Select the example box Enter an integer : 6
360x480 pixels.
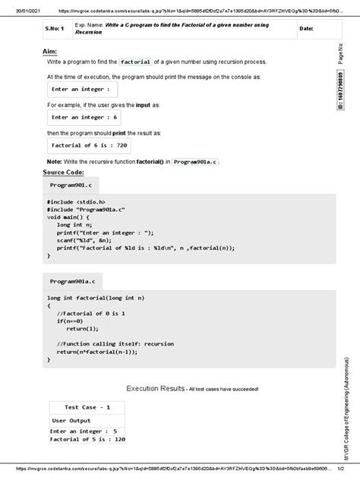tap(84, 118)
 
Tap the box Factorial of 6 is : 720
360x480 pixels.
tap(88, 145)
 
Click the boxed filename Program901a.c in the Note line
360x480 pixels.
tap(195, 162)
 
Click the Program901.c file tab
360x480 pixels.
tap(71, 185)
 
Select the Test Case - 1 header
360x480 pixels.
tap(87, 408)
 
